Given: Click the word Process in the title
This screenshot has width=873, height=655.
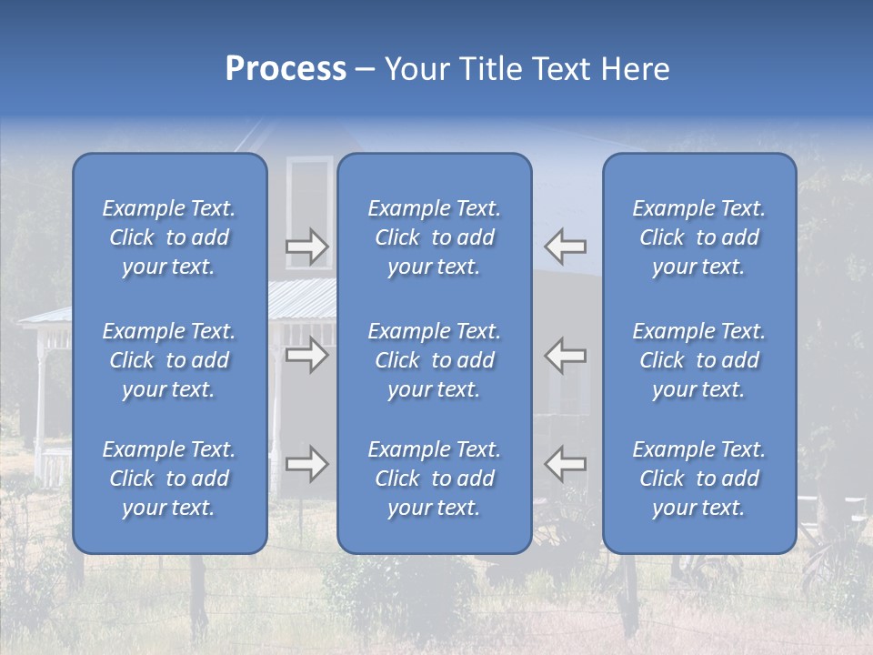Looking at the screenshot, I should pos(286,69).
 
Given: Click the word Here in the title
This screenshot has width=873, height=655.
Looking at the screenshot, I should pos(634,69).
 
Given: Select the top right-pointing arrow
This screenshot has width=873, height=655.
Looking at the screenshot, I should pos(306,247).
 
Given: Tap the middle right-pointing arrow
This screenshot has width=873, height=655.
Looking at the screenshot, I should pos(306,355).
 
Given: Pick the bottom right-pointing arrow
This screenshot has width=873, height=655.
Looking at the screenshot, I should pos(306,464).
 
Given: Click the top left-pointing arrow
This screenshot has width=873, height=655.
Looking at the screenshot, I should pos(566,247).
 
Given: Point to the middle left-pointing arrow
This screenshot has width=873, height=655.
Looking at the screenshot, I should pos(566,355).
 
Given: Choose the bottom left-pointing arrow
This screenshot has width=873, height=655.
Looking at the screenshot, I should pos(566,464).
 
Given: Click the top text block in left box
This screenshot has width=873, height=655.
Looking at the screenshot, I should pos(169,237).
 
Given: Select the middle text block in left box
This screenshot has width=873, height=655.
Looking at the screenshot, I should pos(169,360).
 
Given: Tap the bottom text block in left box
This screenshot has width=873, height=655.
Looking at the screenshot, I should pos(169,479).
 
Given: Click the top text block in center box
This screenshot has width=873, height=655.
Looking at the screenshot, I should pos(435,237).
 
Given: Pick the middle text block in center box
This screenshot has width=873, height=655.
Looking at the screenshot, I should pos(435,360).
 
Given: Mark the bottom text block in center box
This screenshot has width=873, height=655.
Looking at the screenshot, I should pos(435,479).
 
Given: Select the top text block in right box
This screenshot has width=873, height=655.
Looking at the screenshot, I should pos(699,237).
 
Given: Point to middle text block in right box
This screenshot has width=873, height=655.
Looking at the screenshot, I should pos(699,360).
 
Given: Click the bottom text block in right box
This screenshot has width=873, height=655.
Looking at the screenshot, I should pos(699,479).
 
